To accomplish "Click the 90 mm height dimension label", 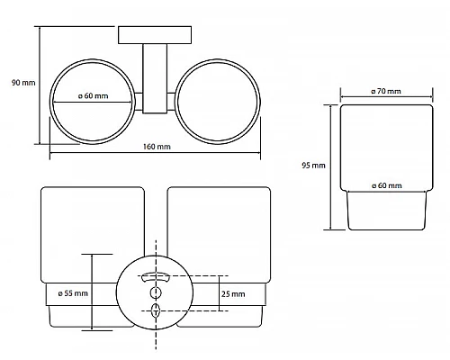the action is pyautogui.click(x=23, y=83).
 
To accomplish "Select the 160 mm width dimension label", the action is pyautogui.click(x=157, y=147).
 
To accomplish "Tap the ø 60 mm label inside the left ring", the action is pyautogui.click(x=94, y=96).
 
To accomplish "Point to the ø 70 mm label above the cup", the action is pyautogui.click(x=386, y=91).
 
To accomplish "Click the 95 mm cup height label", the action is pyautogui.click(x=313, y=166).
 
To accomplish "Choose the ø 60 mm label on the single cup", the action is pyautogui.click(x=387, y=185).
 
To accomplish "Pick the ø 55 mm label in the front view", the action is pyautogui.click(x=73, y=293).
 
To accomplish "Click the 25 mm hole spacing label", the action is pyautogui.click(x=233, y=294).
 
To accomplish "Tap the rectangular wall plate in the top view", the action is pyautogui.click(x=155, y=35).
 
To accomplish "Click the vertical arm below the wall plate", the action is pyautogui.click(x=155, y=78).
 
